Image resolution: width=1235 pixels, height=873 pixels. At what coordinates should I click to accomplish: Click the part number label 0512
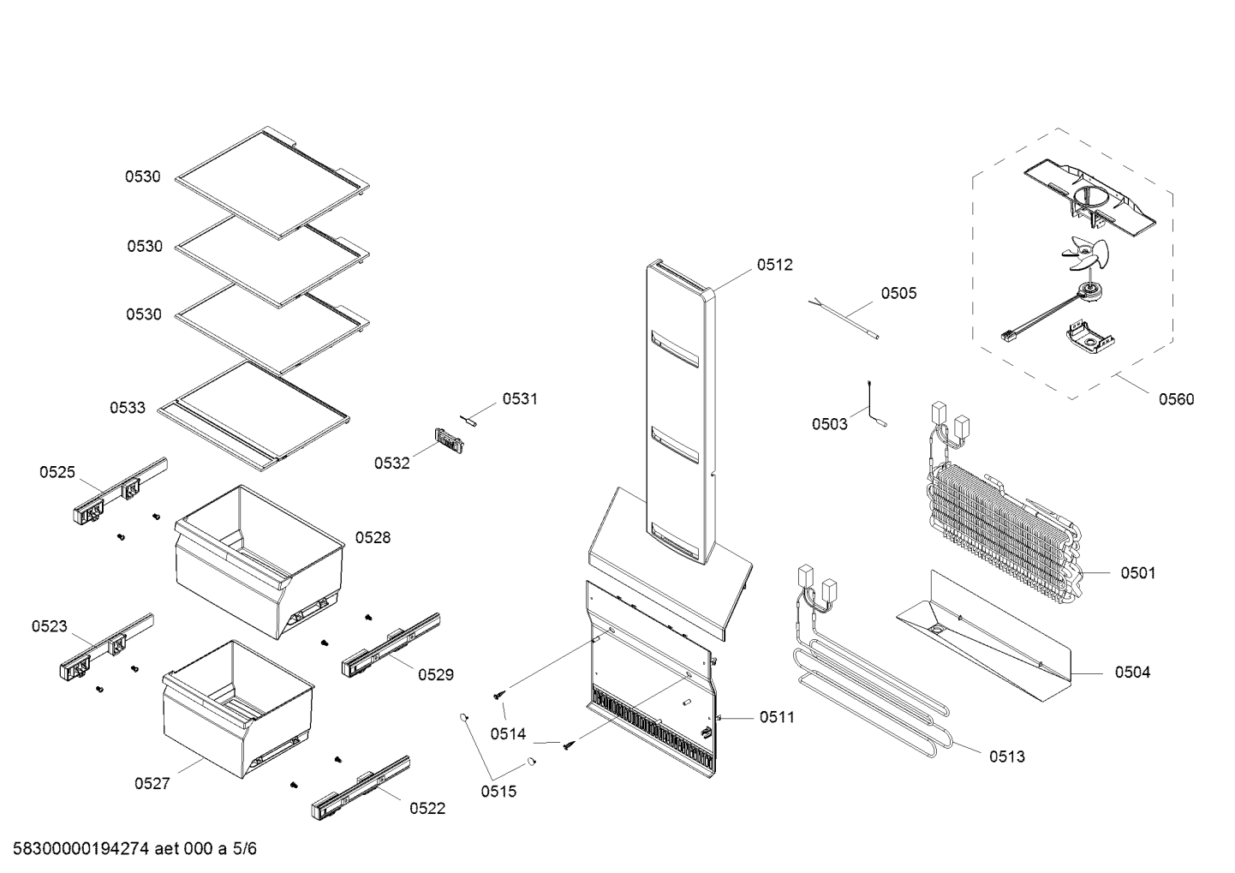pyautogui.click(x=774, y=265)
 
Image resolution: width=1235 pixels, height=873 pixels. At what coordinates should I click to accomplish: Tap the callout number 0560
pyautogui.click(x=1176, y=399)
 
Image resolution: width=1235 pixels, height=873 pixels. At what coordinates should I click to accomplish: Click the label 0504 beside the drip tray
pyautogui.click(x=1132, y=673)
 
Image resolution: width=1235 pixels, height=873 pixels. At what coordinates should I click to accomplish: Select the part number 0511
pyautogui.click(x=777, y=717)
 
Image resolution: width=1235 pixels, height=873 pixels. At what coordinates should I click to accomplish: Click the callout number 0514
pyautogui.click(x=508, y=734)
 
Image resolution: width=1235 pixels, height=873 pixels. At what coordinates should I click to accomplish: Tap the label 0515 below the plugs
pyautogui.click(x=498, y=792)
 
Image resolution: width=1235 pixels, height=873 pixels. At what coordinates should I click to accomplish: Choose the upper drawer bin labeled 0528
pyautogui.click(x=257, y=561)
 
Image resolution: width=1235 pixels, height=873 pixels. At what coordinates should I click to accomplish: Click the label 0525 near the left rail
pyautogui.click(x=57, y=472)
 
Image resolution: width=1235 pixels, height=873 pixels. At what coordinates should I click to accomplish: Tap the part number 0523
pyautogui.click(x=50, y=626)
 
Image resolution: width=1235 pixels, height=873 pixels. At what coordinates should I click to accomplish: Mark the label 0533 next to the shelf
pyautogui.click(x=128, y=408)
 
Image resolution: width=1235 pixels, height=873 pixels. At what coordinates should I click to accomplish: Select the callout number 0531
pyautogui.click(x=520, y=398)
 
